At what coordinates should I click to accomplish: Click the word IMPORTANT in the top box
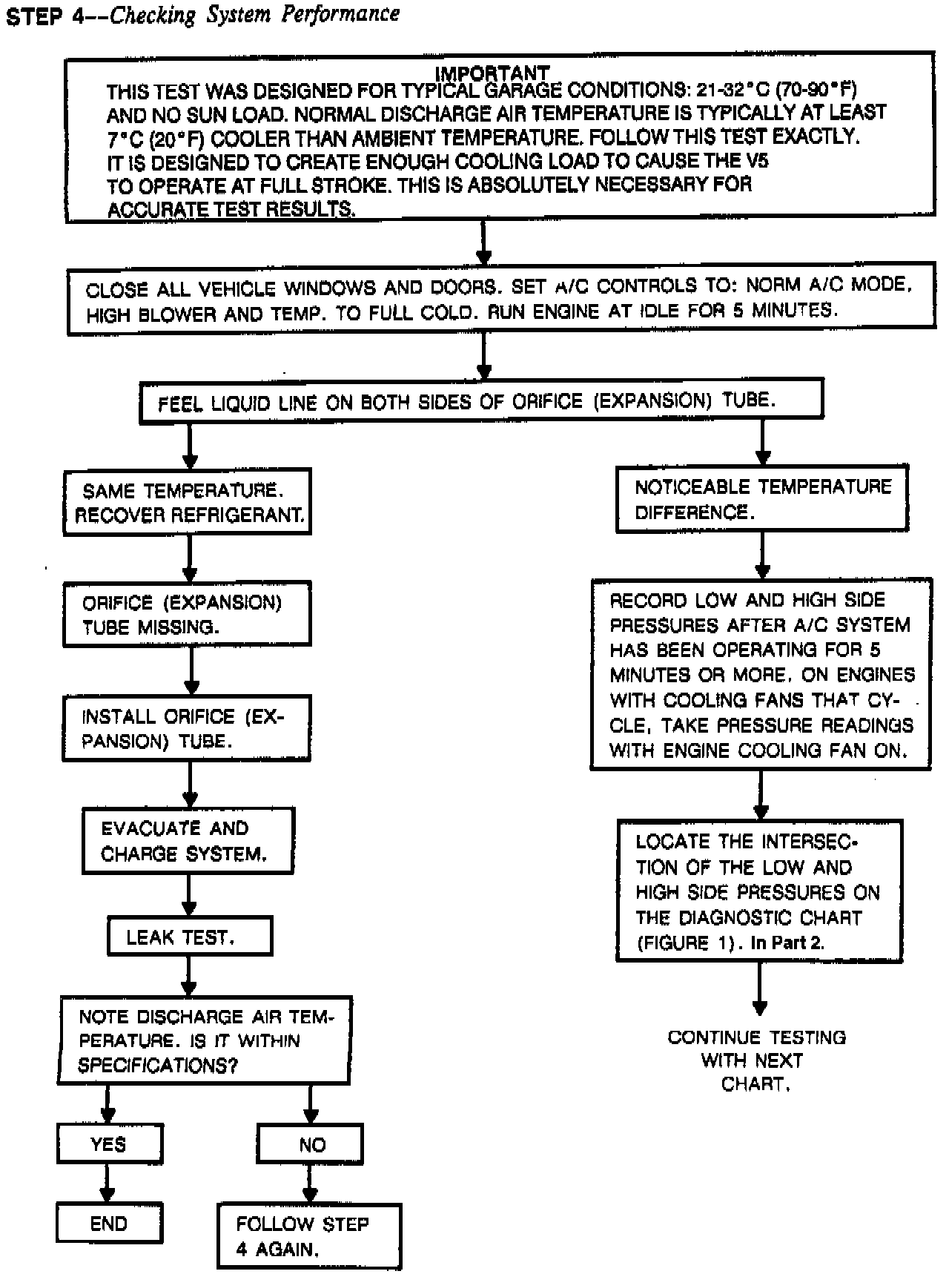[x=492, y=73]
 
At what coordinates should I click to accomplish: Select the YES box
[x=109, y=1143]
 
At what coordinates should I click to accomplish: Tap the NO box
[x=311, y=1143]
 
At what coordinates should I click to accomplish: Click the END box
[x=109, y=1223]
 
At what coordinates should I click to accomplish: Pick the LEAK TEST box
[x=190, y=937]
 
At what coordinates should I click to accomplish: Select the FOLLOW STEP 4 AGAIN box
[x=308, y=1236]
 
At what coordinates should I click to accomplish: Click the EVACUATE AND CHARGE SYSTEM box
[x=188, y=841]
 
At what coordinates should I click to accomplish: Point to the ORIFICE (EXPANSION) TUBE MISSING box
[x=187, y=614]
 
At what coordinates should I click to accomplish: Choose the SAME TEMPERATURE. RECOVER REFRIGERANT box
[x=187, y=501]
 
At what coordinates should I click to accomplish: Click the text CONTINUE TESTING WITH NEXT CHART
[x=756, y=1060]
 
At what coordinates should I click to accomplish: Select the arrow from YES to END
[x=108, y=1182]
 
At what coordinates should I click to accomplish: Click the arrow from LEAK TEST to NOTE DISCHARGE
[x=190, y=976]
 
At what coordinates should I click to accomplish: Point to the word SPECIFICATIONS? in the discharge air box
[x=158, y=1066]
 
